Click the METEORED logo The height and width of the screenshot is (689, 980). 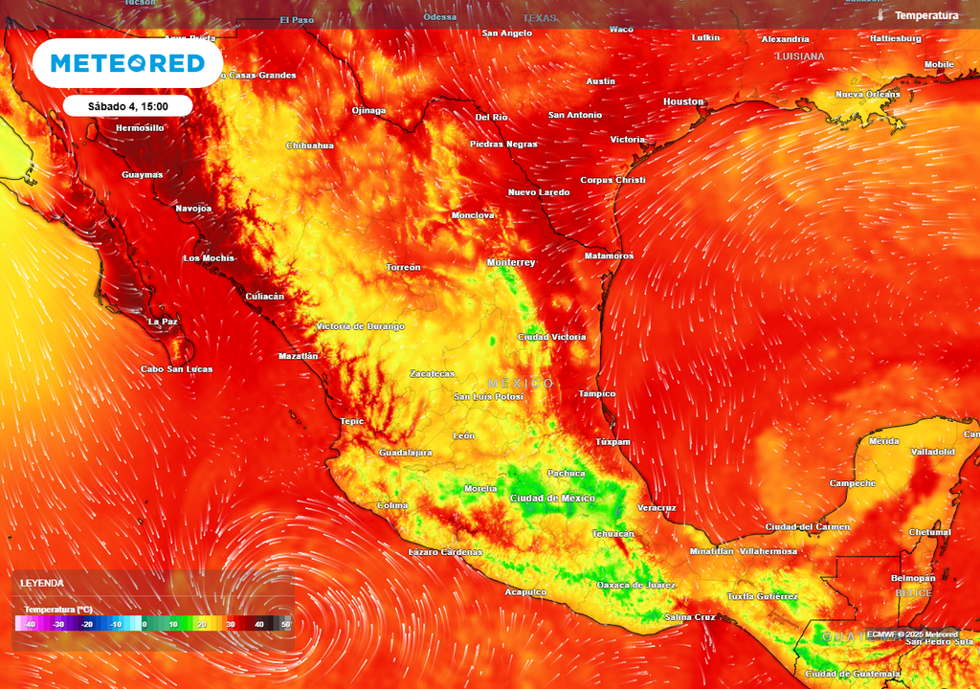[x=127, y=63]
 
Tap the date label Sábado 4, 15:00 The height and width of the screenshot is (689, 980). [x=128, y=106]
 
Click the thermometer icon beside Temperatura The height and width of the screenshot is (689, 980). [x=880, y=16]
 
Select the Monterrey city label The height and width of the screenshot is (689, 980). [x=511, y=262]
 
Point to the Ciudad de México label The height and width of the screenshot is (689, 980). [x=553, y=499]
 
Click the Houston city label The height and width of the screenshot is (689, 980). [x=683, y=101]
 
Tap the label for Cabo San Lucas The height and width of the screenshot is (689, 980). [x=177, y=369]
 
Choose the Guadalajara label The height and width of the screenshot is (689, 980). [x=406, y=453]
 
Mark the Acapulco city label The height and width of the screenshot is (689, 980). [x=525, y=592]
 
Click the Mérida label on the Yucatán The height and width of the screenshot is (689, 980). [x=883, y=441]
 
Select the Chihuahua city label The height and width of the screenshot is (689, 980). [x=310, y=145]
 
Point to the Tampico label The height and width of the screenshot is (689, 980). [x=597, y=394]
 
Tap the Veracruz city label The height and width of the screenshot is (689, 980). [x=657, y=507]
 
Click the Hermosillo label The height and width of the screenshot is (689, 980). [x=140, y=127]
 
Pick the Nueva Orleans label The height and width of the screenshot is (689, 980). [x=868, y=95]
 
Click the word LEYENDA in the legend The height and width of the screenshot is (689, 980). [x=42, y=583]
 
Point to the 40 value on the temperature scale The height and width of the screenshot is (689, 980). [x=258, y=625]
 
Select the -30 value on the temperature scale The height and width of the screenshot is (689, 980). [x=58, y=625]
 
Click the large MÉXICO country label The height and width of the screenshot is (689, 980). [x=521, y=383]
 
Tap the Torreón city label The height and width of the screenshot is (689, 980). [x=403, y=267]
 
